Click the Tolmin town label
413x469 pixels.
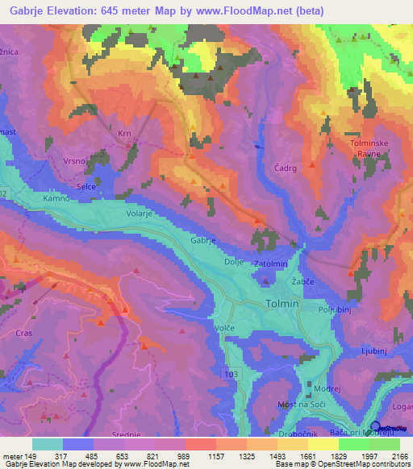pyautogui.click(x=282, y=304)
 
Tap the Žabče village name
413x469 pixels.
pyautogui.click(x=302, y=283)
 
